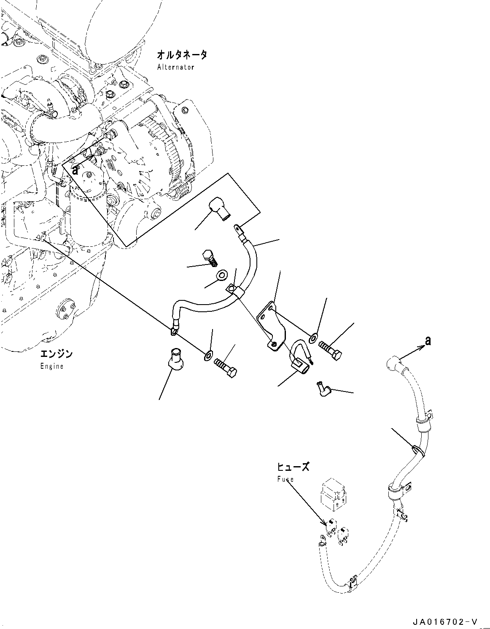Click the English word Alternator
[x=175, y=67]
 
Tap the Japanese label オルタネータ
[x=182, y=55]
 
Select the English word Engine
[x=52, y=366]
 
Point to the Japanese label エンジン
[x=56, y=354]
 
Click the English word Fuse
[x=285, y=479]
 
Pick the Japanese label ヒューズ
[x=293, y=467]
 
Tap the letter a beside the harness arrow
[x=428, y=341]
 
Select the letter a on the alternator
[x=75, y=170]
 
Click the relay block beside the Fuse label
[x=333, y=492]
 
